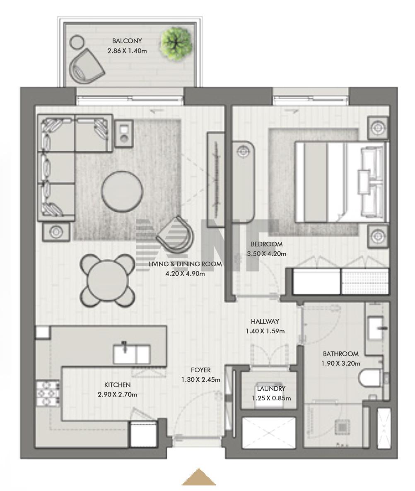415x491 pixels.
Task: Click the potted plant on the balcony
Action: tap(176, 43)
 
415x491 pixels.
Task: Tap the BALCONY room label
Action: tap(127, 41)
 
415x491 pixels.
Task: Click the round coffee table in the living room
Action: tap(122, 191)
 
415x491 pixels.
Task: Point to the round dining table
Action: tap(108, 280)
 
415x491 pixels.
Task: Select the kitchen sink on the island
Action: tap(132, 354)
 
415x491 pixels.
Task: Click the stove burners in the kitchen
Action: tap(48, 393)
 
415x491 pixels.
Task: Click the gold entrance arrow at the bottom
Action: tap(198, 477)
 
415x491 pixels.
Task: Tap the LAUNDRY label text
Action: tap(271, 389)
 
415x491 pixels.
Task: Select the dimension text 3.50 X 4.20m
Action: tap(267, 254)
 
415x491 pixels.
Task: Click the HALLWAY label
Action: tap(265, 322)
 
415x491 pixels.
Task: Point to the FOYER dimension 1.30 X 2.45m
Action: tap(201, 380)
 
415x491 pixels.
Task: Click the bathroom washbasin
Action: tap(375, 328)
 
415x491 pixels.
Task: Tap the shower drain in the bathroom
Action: tap(341, 426)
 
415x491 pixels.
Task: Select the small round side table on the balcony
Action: tap(77, 42)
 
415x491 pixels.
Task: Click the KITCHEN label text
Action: tap(118, 385)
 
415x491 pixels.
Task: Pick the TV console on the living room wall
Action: tap(216, 179)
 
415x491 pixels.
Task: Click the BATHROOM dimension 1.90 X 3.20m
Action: tap(341, 363)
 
